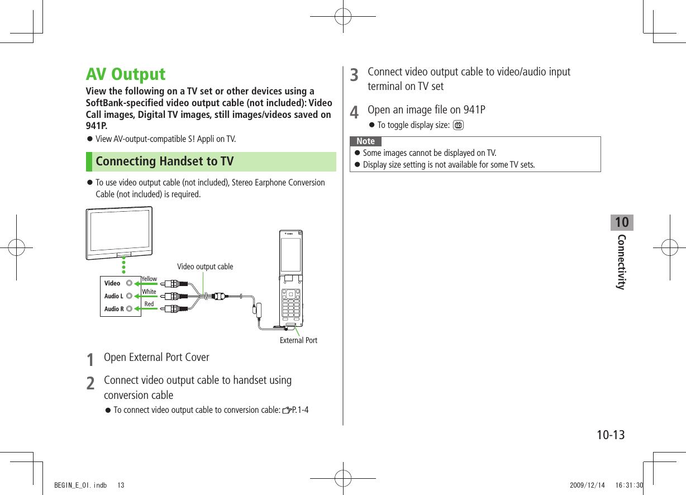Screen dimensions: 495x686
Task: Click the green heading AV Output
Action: pyautogui.click(x=126, y=74)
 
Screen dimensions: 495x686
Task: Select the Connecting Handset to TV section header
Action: pyautogui.click(x=165, y=161)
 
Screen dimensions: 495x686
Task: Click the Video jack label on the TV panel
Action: pyautogui.click(x=112, y=283)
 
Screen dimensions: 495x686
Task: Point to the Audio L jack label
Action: pyautogui.click(x=113, y=296)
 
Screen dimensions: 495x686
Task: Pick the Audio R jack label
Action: pyautogui.click(x=113, y=309)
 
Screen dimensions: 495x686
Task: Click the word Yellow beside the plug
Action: pyautogui.click(x=149, y=279)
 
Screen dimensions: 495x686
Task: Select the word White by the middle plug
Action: pyautogui.click(x=149, y=292)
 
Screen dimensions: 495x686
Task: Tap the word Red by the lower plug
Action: pyautogui.click(x=149, y=304)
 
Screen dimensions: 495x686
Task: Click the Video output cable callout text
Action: pyautogui.click(x=205, y=266)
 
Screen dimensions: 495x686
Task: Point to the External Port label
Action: pyautogui.click(x=298, y=340)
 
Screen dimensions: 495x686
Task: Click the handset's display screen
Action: pyautogui.click(x=290, y=254)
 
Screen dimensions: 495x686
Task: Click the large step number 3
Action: pyautogui.click(x=354, y=75)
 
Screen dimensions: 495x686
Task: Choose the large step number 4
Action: pyautogui.click(x=354, y=112)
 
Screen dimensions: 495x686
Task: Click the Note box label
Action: pyautogui.click(x=366, y=141)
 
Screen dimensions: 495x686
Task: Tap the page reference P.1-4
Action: pyautogui.click(x=301, y=411)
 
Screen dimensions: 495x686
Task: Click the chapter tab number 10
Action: pyautogui.click(x=621, y=222)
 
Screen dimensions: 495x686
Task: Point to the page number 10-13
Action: pyautogui.click(x=609, y=435)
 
